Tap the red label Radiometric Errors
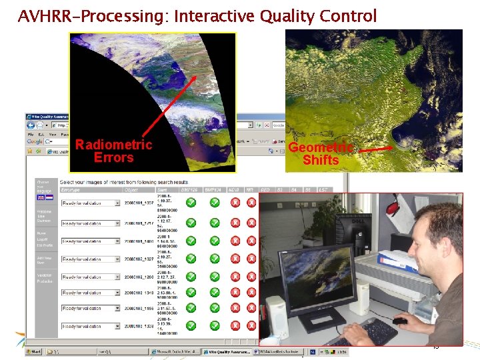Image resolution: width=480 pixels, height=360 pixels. point(113,151)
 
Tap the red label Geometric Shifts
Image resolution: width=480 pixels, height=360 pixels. point(321,154)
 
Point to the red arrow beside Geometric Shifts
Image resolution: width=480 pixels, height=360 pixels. point(377,151)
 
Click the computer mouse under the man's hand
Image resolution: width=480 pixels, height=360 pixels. point(399,321)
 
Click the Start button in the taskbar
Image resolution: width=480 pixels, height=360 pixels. point(34,351)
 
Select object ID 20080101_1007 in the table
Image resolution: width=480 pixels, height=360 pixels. point(139,203)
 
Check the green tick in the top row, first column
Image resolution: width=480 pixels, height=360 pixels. point(191,203)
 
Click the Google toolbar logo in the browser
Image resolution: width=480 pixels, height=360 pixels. point(34,141)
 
